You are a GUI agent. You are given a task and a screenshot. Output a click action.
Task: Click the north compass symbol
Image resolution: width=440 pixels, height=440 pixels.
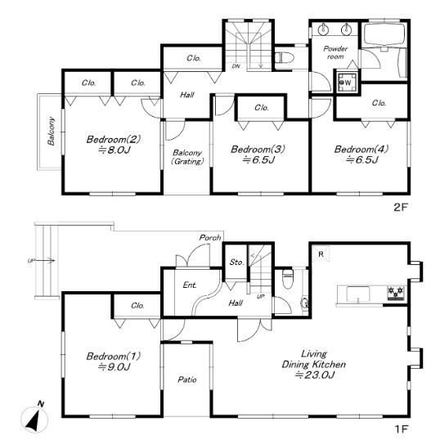pos(34,418)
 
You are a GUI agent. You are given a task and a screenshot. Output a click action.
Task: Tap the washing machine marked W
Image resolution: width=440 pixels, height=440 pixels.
pos(348,83)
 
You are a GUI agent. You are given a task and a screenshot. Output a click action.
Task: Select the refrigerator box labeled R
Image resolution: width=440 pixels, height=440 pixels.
pos(321,254)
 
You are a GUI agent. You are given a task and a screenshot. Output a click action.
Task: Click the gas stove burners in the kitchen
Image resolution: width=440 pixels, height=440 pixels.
pos(396,293)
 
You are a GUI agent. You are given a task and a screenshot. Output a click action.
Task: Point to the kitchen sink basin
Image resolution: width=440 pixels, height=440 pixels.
pos(357,294)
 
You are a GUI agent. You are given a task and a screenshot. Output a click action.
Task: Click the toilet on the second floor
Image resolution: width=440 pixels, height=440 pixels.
pos(285,58)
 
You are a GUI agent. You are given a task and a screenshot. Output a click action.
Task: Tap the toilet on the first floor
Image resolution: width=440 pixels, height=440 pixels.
pos(288,279)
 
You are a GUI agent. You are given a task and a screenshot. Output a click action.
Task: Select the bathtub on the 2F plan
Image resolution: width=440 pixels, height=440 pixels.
pos(384,35)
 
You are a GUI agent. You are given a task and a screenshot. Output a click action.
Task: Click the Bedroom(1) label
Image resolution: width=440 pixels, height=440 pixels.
pos(114,356)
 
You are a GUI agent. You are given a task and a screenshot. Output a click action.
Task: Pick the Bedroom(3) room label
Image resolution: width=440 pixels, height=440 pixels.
pos(258,149)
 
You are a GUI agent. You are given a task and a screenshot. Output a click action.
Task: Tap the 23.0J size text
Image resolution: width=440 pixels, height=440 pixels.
pos(315,375)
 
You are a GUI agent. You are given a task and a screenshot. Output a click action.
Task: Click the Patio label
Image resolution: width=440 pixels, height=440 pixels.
pos(187,379)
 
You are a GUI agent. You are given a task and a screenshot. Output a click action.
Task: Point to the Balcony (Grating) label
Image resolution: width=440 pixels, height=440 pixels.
pos(187,157)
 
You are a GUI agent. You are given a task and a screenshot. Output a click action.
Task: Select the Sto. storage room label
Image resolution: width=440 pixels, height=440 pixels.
pos(236,262)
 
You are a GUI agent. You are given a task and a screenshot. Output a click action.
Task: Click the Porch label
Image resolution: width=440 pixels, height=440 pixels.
pos(210,238)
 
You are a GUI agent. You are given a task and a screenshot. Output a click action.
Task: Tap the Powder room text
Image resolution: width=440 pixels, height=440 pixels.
pos(335,52)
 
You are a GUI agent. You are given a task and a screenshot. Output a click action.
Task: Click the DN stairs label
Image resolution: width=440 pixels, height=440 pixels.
pos(236,66)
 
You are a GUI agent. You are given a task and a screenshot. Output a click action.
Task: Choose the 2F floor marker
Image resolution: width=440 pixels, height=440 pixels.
pos(400,208)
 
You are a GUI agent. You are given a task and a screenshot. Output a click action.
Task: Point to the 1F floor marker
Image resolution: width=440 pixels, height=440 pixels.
pos(401,429)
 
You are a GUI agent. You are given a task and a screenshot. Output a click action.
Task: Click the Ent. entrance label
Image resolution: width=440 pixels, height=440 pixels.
pos(190,285)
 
